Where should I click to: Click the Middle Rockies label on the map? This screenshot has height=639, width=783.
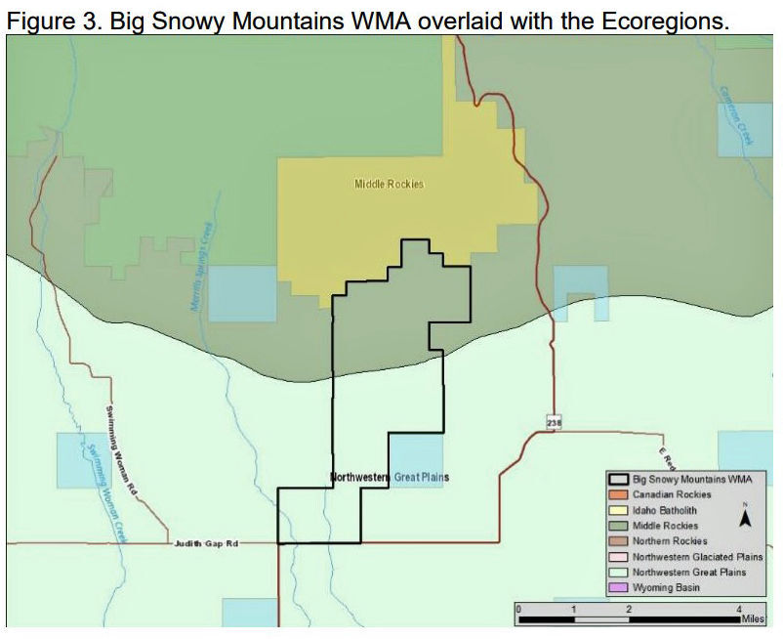coord(389,184)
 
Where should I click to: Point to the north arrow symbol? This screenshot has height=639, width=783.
coord(744,517)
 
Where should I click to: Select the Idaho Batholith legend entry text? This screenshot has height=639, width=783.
coord(665,510)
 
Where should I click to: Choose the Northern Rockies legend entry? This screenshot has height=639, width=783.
coord(670,540)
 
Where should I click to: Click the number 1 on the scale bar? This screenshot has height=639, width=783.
coord(574,609)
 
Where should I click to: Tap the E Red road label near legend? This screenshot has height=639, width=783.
coord(666,456)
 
